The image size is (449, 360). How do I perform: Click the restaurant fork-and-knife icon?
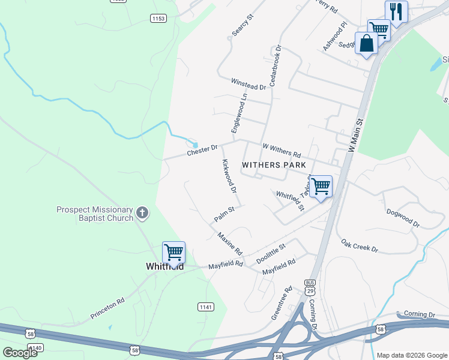tap(396, 11)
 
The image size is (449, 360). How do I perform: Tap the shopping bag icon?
tap(366, 43)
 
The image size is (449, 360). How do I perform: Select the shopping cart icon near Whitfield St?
tap(321, 187)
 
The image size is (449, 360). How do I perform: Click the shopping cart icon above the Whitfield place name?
tap(173, 253)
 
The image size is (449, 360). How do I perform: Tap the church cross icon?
tap(142, 212)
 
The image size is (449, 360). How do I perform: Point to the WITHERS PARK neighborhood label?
tap(274, 165)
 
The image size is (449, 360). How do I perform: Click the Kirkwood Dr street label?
tap(229, 176)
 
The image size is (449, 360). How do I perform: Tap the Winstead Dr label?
tap(248, 84)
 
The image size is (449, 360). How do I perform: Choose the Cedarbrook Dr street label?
tap(275, 65)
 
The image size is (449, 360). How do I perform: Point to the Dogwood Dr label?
tap(402, 217)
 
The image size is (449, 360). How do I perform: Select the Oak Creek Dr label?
tap(360, 246)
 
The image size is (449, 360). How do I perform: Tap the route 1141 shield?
tap(205, 307)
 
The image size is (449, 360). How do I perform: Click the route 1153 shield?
tap(158, 19)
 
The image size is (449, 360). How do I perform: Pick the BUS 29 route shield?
tap(310, 286)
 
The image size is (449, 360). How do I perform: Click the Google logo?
tap(20, 353)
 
